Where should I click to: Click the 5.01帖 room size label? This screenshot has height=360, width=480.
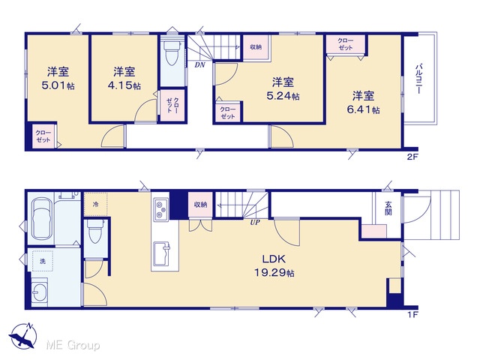click(58, 85)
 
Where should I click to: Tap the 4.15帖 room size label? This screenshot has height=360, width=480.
click(124, 85)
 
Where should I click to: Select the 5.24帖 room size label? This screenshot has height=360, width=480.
click(283, 96)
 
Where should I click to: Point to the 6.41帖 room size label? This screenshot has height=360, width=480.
click(363, 109)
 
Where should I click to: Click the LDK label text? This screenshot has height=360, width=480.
click(274, 259)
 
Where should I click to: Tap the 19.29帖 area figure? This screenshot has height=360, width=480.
click(274, 272)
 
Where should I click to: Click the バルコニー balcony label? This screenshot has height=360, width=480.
click(418, 79)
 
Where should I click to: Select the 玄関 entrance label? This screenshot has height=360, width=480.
click(388, 208)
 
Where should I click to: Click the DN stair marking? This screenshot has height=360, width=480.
click(200, 65)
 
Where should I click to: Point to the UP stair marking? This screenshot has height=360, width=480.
click(255, 223)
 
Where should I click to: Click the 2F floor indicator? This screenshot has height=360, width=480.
click(412, 157)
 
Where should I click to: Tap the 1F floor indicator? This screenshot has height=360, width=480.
click(412, 314)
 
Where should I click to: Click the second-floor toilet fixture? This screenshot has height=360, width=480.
click(172, 52)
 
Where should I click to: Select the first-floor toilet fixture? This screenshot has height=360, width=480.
click(95, 231)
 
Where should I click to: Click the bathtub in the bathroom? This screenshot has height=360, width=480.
click(41, 218)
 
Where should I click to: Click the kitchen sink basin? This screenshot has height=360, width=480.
click(162, 253)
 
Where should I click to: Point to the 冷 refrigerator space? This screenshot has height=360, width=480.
click(95, 205)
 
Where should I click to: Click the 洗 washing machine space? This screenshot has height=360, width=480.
click(43, 261)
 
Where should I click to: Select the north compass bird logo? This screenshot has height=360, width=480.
click(23, 336)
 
